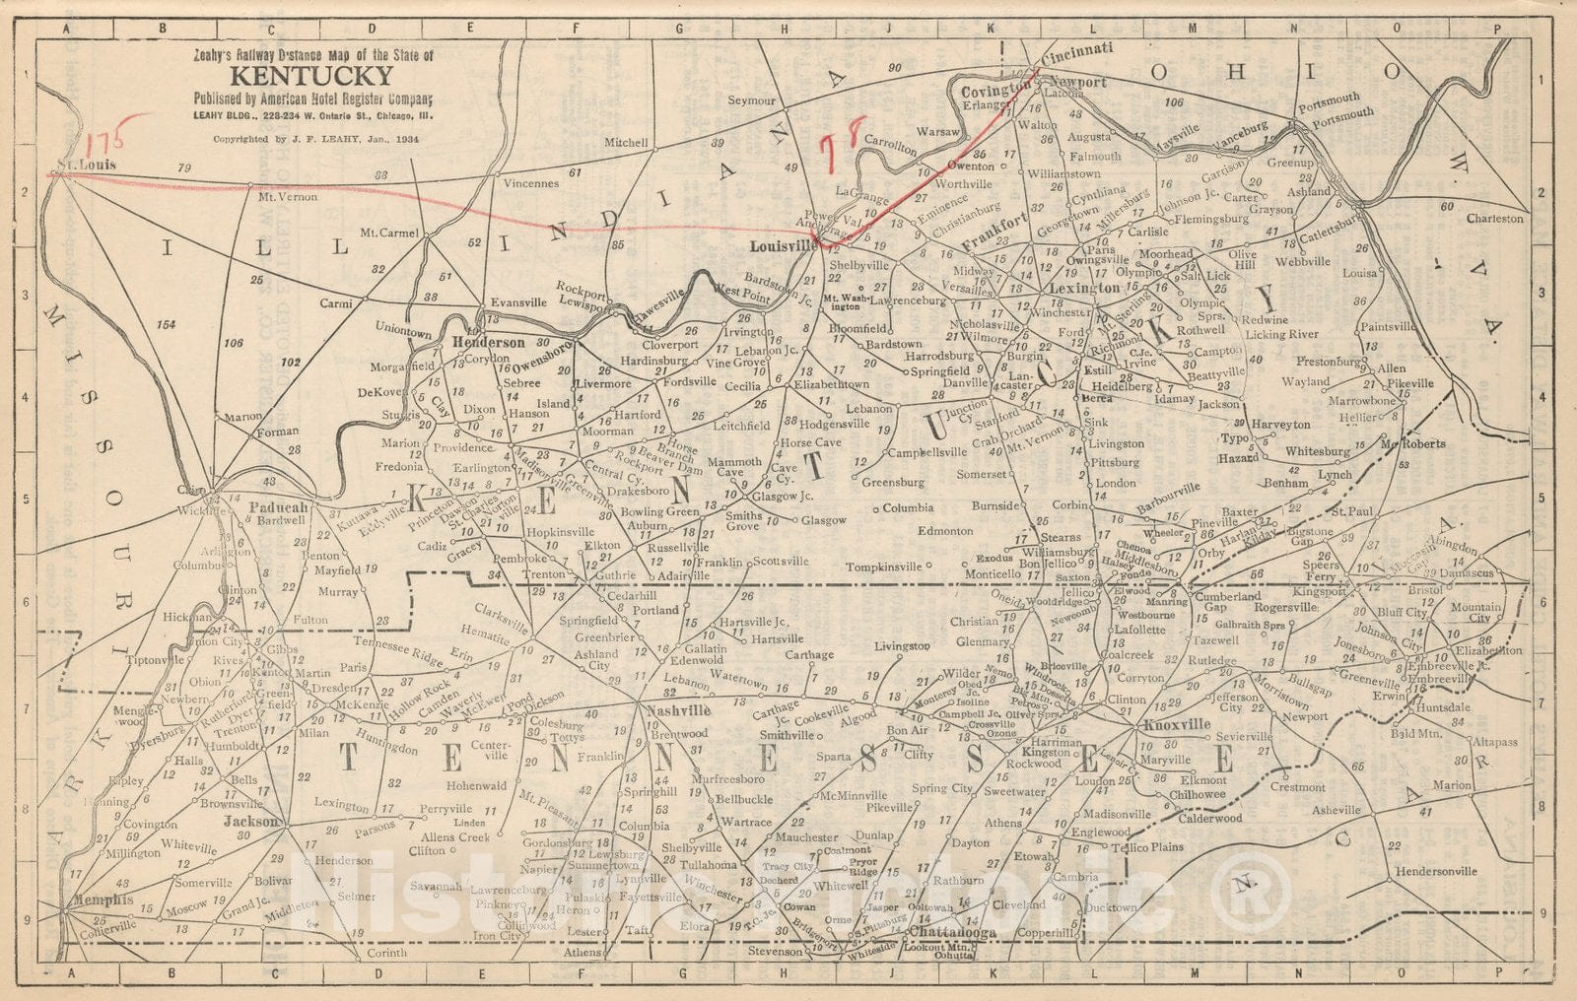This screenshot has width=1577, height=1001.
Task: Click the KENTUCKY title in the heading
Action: (312, 77)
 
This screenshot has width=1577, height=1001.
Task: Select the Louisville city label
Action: (783, 245)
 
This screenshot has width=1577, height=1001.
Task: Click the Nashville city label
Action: (678, 710)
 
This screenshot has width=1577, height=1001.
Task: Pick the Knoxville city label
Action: (1177, 725)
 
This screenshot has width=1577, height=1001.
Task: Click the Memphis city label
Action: (102, 900)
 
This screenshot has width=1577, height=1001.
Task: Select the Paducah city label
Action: (280, 507)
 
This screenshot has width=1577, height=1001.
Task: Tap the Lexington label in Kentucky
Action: (1085, 289)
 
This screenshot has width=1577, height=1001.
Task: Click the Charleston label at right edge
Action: (1494, 219)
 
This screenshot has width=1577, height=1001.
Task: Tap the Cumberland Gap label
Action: (1227, 602)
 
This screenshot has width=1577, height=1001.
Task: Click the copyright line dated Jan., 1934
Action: (315, 140)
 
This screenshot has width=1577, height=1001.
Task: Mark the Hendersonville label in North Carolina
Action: (1434, 871)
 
